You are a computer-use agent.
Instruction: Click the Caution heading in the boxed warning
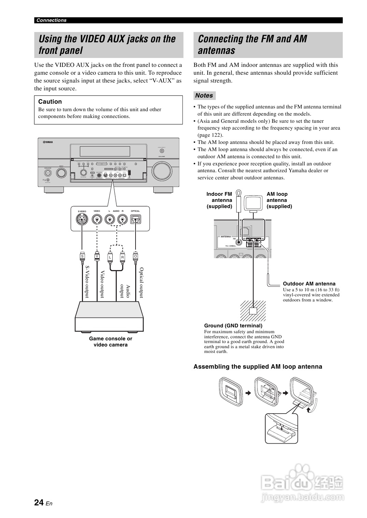coord(50,102)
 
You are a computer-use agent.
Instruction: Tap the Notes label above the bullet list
coord(204,95)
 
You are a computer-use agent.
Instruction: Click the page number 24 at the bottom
coord(39,503)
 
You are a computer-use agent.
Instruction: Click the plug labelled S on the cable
coord(82,256)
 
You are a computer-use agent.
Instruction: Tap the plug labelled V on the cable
coord(97,256)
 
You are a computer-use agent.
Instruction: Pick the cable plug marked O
coord(136,256)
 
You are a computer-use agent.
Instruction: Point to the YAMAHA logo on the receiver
coord(48,142)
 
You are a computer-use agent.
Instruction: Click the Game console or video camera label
coord(111,342)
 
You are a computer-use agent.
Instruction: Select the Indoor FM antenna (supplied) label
coord(219,200)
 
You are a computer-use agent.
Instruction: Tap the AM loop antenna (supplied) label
coord(279,200)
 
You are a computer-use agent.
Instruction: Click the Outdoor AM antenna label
coord(309,284)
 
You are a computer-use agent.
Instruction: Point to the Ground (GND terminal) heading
coord(233,326)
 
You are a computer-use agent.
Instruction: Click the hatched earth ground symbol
coord(253,310)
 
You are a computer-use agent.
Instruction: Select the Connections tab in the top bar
coord(52,20)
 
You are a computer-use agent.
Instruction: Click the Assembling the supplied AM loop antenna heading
coord(258,367)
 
